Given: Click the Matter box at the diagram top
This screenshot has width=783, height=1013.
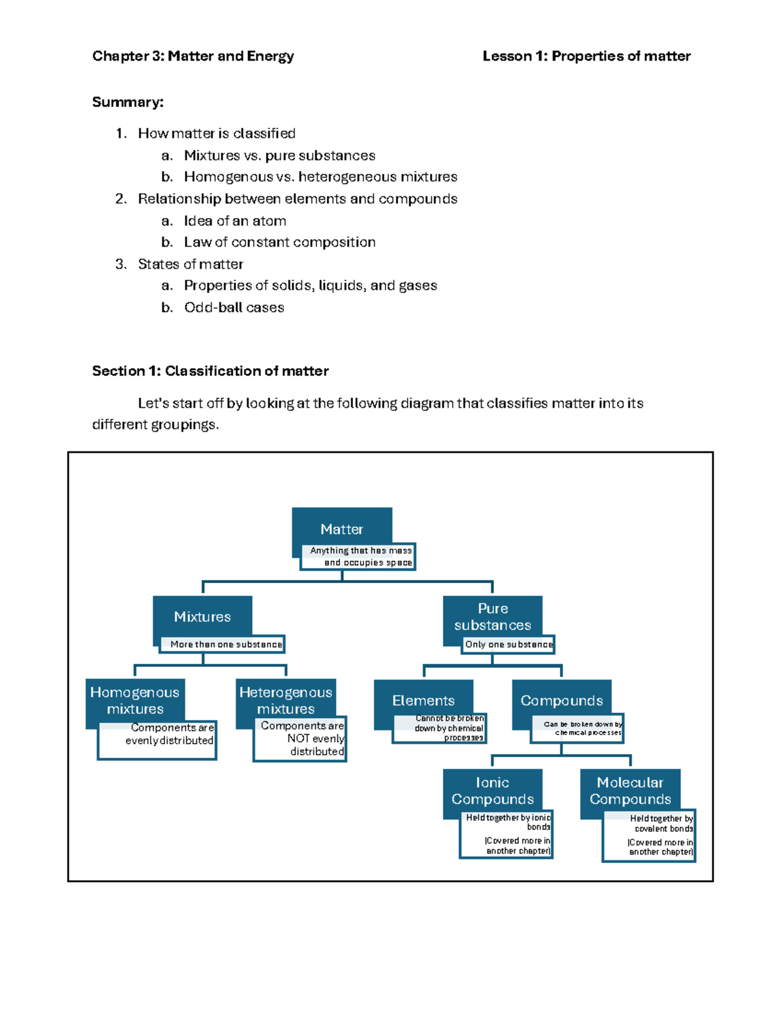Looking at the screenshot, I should [x=342, y=528].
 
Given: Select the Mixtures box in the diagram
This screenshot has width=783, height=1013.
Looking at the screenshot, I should [x=202, y=616].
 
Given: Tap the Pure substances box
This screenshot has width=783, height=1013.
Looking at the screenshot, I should [x=493, y=616].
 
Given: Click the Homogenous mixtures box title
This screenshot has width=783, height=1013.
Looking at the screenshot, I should [x=135, y=701].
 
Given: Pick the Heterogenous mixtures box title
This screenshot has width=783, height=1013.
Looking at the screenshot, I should [x=286, y=701].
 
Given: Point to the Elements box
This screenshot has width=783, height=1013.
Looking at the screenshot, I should [x=423, y=701].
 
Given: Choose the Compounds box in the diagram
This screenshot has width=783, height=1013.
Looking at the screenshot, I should [x=561, y=701].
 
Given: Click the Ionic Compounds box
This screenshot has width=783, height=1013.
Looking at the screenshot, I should [x=493, y=791].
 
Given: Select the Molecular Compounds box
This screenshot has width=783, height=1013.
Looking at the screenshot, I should [x=630, y=791].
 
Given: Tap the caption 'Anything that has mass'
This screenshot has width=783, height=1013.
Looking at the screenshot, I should [x=361, y=551].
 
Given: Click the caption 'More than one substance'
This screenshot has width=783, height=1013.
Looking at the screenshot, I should [x=226, y=644].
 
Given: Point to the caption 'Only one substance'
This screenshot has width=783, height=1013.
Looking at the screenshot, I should [x=509, y=644].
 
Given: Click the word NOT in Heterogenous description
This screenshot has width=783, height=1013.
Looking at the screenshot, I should [x=298, y=738].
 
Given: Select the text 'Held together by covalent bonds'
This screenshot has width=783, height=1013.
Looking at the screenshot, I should [x=662, y=823].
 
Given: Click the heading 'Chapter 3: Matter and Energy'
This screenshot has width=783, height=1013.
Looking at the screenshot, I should [x=193, y=56].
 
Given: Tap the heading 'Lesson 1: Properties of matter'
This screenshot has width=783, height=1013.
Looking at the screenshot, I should [x=586, y=56].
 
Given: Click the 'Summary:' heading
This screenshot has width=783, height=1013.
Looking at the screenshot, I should [x=128, y=102].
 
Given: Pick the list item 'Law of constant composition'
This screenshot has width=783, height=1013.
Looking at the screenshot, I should [x=279, y=242].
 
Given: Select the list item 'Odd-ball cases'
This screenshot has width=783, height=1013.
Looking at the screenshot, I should [x=234, y=307].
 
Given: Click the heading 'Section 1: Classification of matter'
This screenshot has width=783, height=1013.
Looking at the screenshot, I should [x=210, y=371].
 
